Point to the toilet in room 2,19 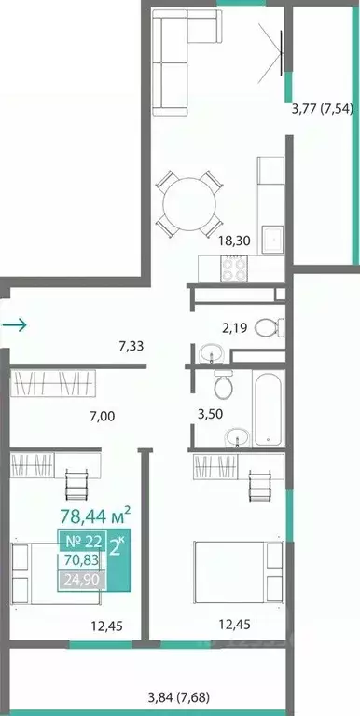click(x=269, y=326)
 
